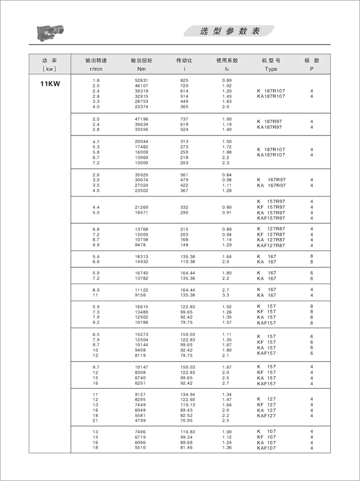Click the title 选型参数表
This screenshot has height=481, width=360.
[x=230, y=31]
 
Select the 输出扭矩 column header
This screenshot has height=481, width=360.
[x=141, y=60]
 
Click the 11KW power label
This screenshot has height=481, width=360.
[x=50, y=84]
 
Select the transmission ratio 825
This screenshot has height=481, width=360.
[x=184, y=81]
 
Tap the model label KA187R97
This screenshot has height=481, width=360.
[x=271, y=127]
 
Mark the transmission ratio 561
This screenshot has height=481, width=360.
[x=184, y=174]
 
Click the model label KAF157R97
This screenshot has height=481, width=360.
[x=271, y=218]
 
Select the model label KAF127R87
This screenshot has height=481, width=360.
[x=271, y=245]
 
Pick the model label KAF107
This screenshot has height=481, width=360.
[x=266, y=448]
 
